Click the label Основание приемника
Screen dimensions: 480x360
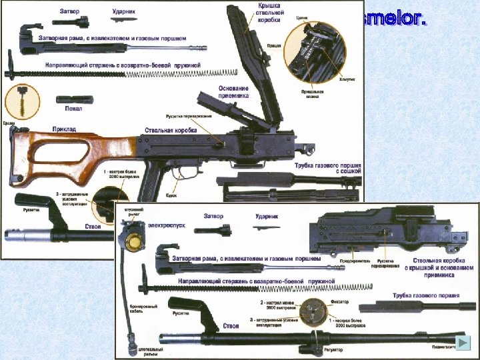coord(233,92)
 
